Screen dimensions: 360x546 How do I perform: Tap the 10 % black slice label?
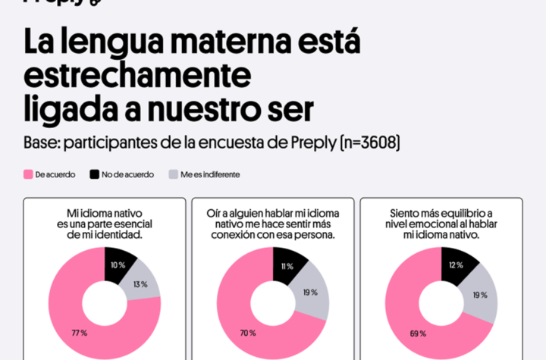118,265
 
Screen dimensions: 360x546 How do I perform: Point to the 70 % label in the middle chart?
247,333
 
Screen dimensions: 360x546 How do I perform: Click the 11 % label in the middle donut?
287,267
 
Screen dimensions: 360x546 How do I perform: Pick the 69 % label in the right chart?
416,333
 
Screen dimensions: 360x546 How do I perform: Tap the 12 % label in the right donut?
456,265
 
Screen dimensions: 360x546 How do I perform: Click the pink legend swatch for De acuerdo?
28,174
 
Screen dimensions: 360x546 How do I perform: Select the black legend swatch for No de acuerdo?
95,174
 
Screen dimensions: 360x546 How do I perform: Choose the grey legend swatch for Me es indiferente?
173,174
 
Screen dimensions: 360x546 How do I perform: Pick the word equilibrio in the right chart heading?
453,213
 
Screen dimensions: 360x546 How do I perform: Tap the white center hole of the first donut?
105,303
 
